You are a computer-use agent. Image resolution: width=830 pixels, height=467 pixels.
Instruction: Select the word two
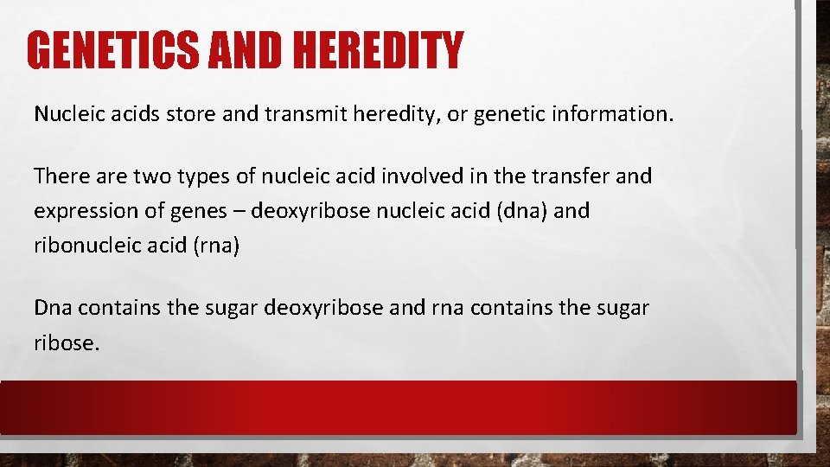147,176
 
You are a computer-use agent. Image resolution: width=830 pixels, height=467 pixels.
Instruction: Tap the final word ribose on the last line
66,342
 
